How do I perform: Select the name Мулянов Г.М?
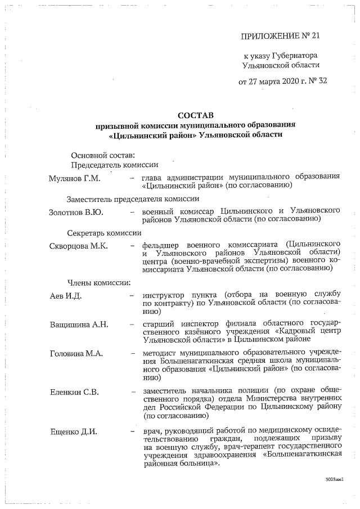tap(74, 178)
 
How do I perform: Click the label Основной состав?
tap(102, 155)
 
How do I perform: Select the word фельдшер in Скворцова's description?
tap(160, 245)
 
